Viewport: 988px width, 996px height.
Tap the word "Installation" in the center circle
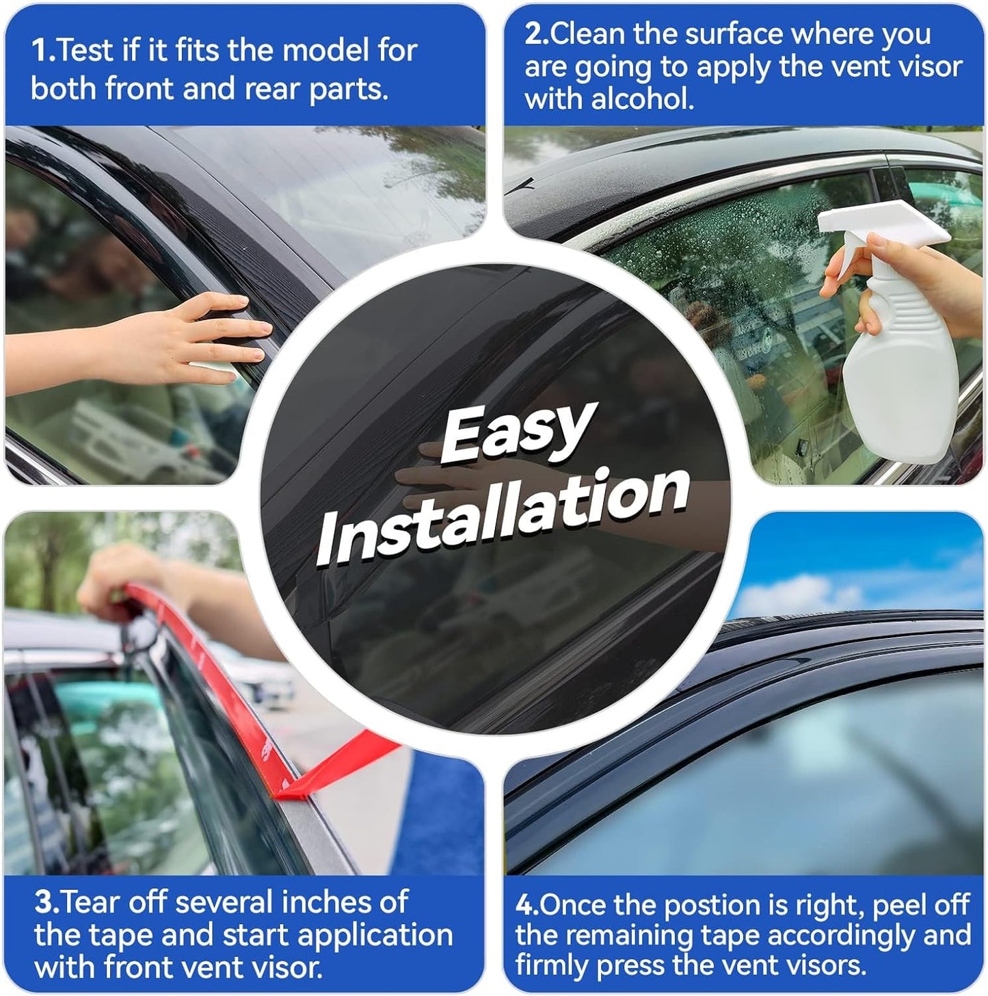tap(503, 516)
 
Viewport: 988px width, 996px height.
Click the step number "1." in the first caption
tap(43, 51)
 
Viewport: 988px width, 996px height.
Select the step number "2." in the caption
tap(537, 34)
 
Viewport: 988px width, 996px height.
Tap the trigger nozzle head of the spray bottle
tap(882, 226)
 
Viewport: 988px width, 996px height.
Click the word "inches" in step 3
tap(345, 902)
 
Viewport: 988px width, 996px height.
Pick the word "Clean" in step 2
tap(588, 34)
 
